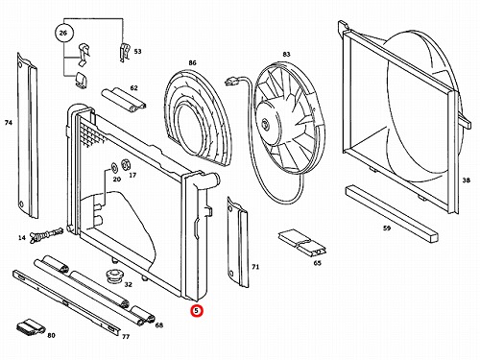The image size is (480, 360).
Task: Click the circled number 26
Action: pyautogui.click(x=63, y=33)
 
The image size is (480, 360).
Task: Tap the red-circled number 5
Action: pyautogui.click(x=197, y=310)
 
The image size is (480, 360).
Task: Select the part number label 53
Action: pyautogui.click(x=137, y=52)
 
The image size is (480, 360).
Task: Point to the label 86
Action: pyautogui.click(x=192, y=63)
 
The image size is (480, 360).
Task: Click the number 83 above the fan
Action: pyautogui.click(x=286, y=54)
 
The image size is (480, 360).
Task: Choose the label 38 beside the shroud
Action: pyautogui.click(x=467, y=180)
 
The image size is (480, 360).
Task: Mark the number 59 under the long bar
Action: pyautogui.click(x=387, y=228)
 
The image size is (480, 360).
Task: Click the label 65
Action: pyautogui.click(x=317, y=263)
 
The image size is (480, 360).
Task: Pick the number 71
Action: pyautogui.click(x=255, y=267)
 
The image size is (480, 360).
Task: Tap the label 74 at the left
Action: pyautogui.click(x=9, y=123)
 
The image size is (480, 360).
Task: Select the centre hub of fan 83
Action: pyautogui.click(x=265, y=124)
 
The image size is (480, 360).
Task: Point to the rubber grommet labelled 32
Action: pyautogui.click(x=114, y=276)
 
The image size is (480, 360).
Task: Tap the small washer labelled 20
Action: pyautogui.click(x=114, y=168)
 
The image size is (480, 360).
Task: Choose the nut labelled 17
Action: pyautogui.click(x=125, y=164)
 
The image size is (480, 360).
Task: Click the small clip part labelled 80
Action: pyautogui.click(x=31, y=327)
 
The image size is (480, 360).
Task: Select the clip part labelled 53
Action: pyautogui.click(x=125, y=52)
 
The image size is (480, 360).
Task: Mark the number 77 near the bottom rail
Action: pyautogui.click(x=126, y=337)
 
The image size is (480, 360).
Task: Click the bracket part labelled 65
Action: pyautogui.click(x=302, y=242)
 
